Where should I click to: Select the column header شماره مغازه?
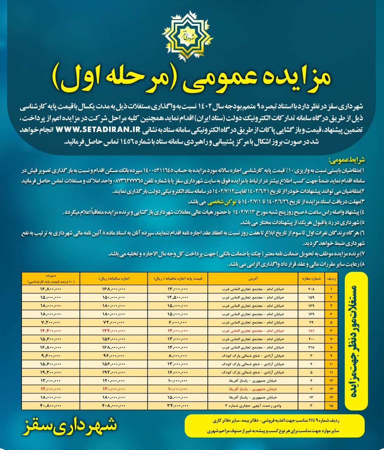(311, 278)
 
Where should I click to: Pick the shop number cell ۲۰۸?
(311, 289)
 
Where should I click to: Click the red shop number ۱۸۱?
(311, 331)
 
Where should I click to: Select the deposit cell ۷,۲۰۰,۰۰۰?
(51, 322)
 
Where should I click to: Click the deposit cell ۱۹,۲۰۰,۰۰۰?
(51, 372)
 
